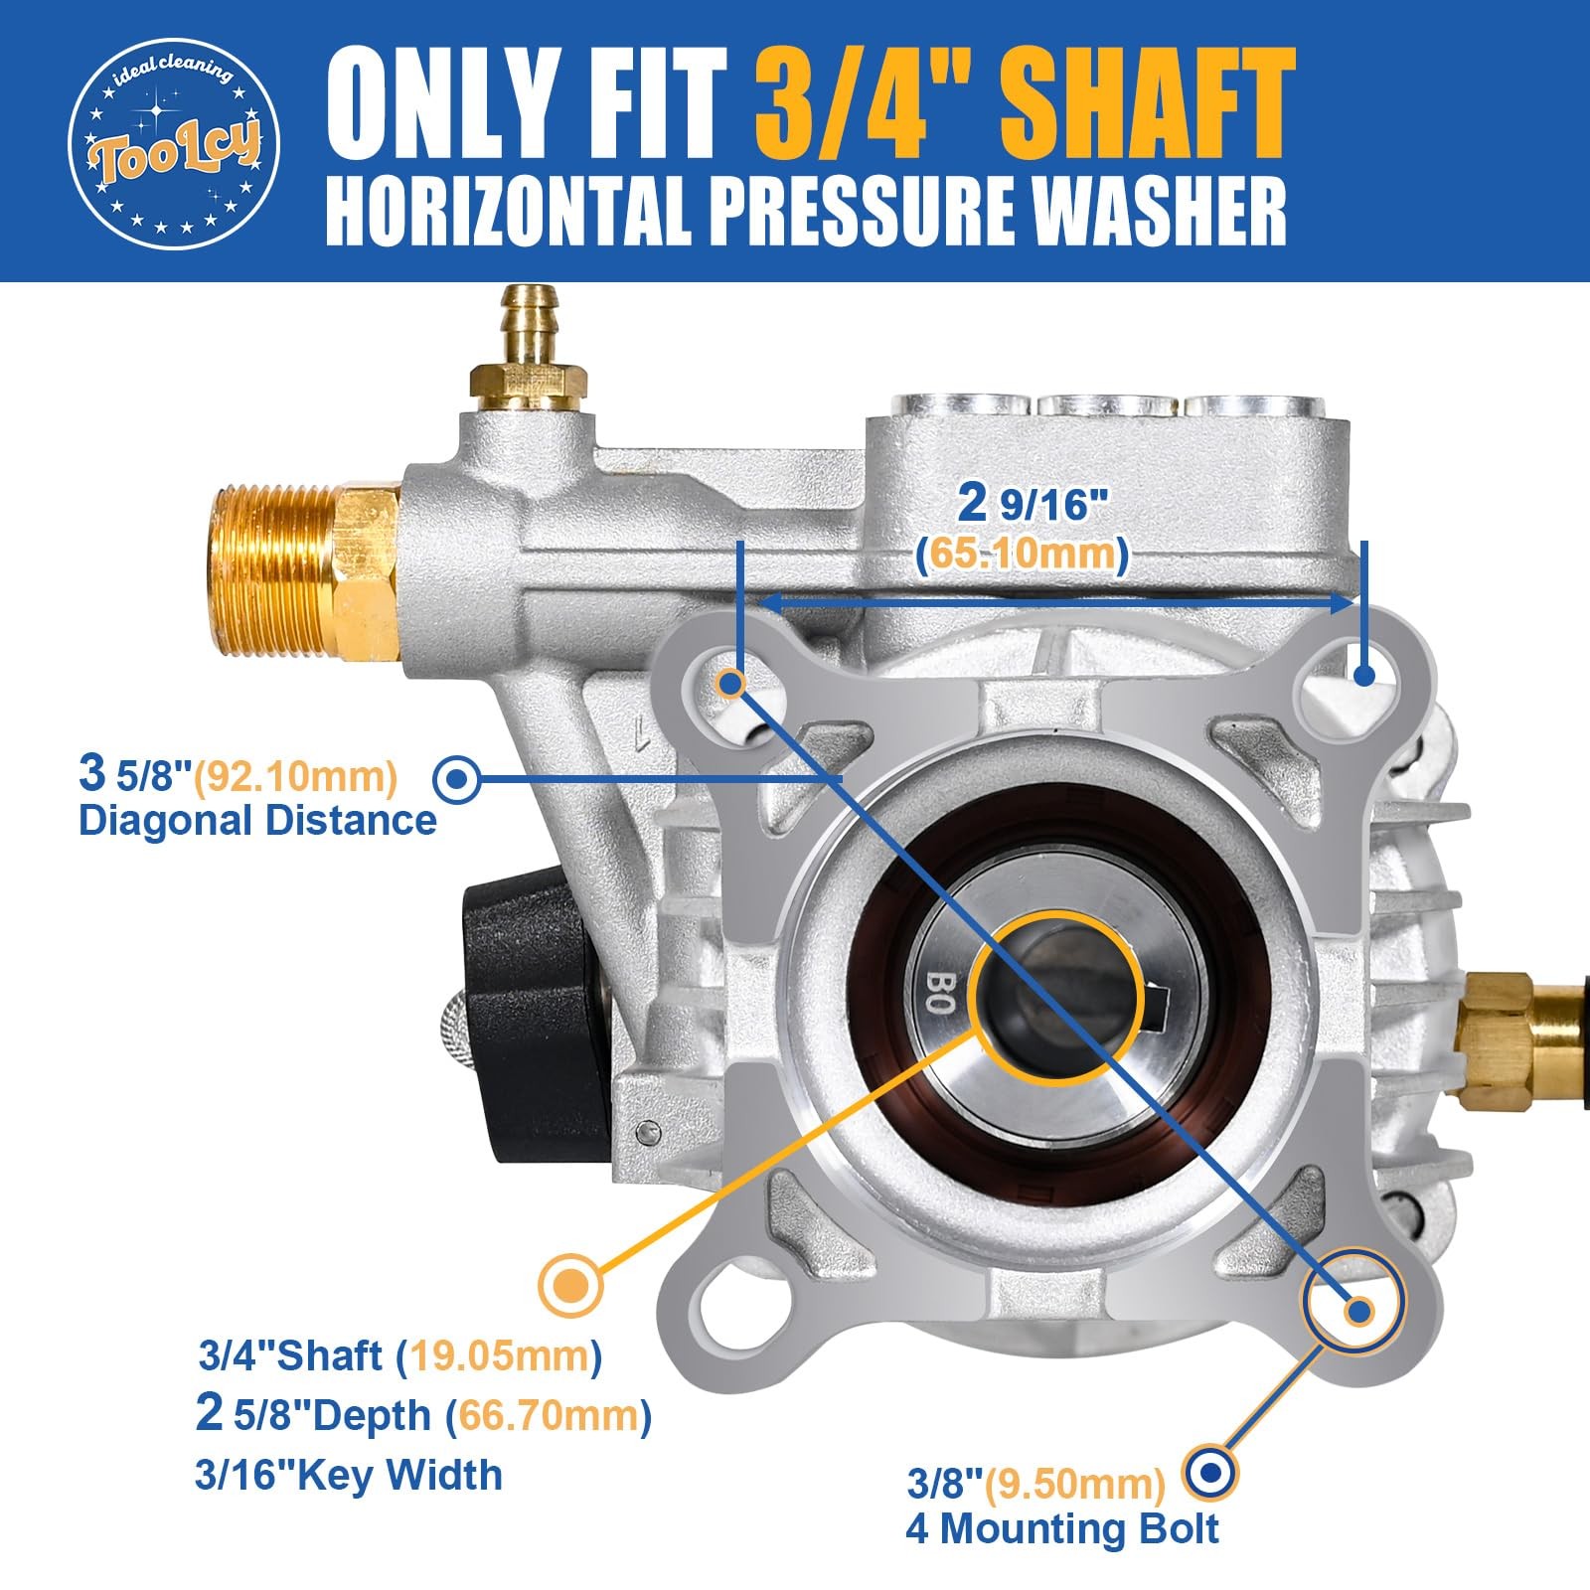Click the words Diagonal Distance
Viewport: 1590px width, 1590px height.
coord(257,821)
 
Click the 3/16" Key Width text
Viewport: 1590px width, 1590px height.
coord(349,1476)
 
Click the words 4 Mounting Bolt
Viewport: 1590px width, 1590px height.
coord(1061,1528)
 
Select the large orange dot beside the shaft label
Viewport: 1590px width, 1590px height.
coord(570,1283)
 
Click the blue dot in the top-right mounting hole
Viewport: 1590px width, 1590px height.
coord(1364,675)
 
